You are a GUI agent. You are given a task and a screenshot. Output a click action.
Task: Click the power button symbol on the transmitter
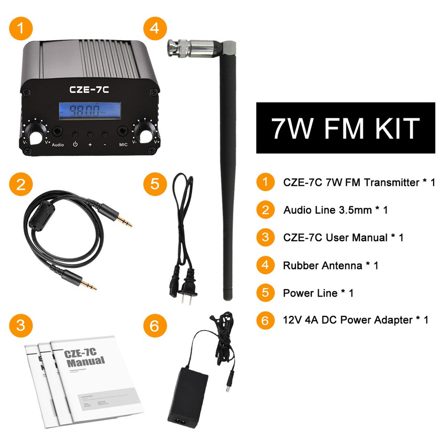pyautogui.click(x=75, y=145)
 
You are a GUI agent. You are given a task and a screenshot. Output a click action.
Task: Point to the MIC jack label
pyautogui.click(x=123, y=145)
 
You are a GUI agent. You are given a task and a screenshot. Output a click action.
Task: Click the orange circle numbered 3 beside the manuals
pyautogui.click(x=21, y=325)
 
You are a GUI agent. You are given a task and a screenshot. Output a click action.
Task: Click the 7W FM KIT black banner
pyautogui.click(x=345, y=128)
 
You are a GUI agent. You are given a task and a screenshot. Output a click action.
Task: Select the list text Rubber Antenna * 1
pyautogui.click(x=330, y=265)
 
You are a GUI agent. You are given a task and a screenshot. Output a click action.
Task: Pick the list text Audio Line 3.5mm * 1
pyautogui.click(x=335, y=210)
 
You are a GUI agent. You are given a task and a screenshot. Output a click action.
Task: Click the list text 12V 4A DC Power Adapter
pyautogui.click(x=355, y=320)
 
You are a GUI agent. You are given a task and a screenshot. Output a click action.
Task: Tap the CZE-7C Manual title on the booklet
pyautogui.click(x=84, y=357)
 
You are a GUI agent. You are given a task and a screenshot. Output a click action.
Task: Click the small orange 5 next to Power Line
pyautogui.click(x=265, y=293)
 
